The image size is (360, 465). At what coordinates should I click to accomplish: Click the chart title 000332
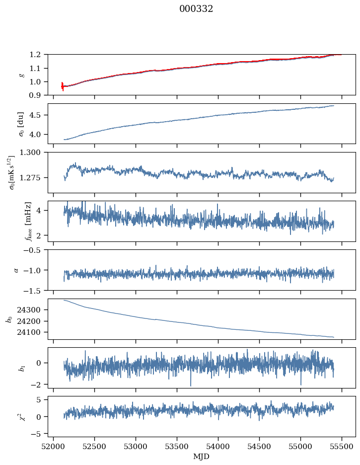[196, 9]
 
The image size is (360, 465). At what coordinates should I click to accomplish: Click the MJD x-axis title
[202, 457]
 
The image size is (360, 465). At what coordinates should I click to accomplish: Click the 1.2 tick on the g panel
[38, 55]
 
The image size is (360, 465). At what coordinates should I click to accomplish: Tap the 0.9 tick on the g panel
[38, 95]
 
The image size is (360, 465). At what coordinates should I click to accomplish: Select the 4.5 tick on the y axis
[38, 115]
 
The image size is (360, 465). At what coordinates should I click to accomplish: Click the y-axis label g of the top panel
[21, 75]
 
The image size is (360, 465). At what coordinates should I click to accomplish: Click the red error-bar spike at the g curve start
[63, 86]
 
